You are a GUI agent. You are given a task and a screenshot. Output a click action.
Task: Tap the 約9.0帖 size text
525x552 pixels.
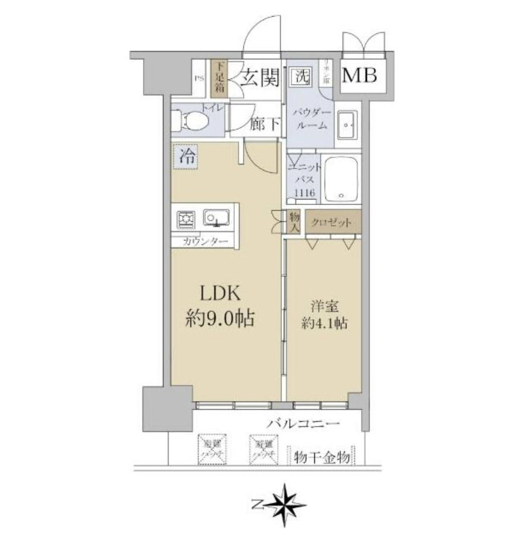click(219, 318)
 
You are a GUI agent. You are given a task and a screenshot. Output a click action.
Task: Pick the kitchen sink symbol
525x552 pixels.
click(217, 218)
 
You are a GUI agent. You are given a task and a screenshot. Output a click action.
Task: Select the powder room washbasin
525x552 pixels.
click(347, 125)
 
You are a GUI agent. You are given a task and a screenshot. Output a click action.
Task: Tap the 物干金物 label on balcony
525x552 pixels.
click(322, 457)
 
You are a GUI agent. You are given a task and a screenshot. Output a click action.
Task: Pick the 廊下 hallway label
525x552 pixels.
click(265, 125)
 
